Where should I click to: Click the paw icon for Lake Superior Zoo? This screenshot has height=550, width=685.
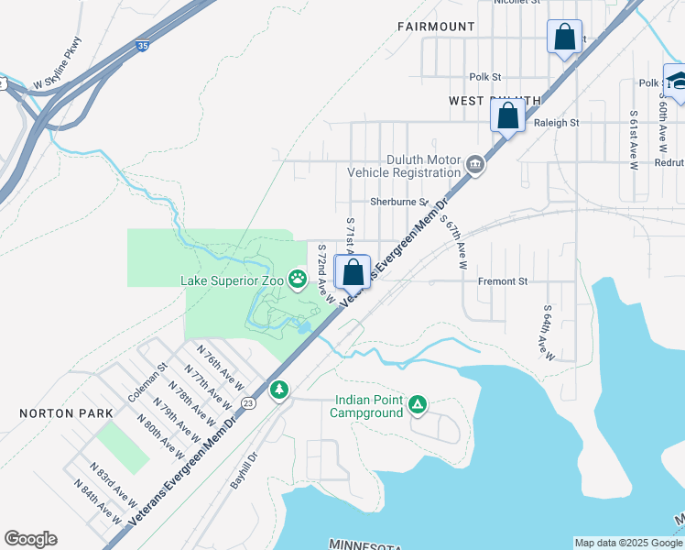[298, 278]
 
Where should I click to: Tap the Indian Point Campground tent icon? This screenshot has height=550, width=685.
[418, 403]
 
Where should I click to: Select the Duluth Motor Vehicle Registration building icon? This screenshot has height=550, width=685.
[474, 165]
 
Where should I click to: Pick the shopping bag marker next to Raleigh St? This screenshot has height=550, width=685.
[506, 117]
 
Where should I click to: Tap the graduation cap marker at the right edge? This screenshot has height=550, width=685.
[676, 81]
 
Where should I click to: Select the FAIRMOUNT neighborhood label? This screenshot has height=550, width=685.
[436, 27]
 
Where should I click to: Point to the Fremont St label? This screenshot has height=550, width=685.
[504, 282]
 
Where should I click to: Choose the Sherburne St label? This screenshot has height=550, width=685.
[398, 202]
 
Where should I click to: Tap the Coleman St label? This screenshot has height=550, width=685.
[147, 381]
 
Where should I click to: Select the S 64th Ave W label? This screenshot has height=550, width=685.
[544, 332]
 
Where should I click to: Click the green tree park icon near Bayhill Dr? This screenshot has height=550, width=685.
[278, 390]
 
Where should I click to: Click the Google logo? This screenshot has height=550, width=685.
[30, 539]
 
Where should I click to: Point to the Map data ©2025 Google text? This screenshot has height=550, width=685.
[627, 543]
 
